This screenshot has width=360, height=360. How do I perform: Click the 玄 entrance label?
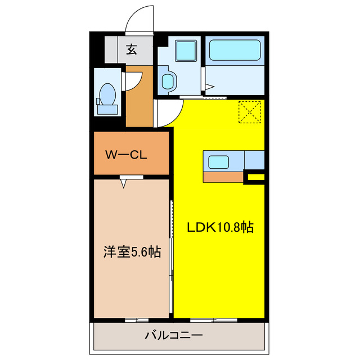coord(131,50)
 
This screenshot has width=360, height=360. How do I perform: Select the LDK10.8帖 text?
coord(220,227)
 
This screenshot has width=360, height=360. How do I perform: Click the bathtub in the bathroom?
coord(233,51)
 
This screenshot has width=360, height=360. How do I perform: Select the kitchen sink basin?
coord(218,163)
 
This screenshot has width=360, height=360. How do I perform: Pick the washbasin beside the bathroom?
coord(168,81)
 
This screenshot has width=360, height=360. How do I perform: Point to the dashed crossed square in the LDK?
coord(250,111)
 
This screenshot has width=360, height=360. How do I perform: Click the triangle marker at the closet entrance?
coord(123,182)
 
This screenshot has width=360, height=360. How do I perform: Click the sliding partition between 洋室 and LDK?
coord(172,247)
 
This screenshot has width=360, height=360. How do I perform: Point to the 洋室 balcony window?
coord(133,320)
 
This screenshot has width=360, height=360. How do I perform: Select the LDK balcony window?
coord(213,320)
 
